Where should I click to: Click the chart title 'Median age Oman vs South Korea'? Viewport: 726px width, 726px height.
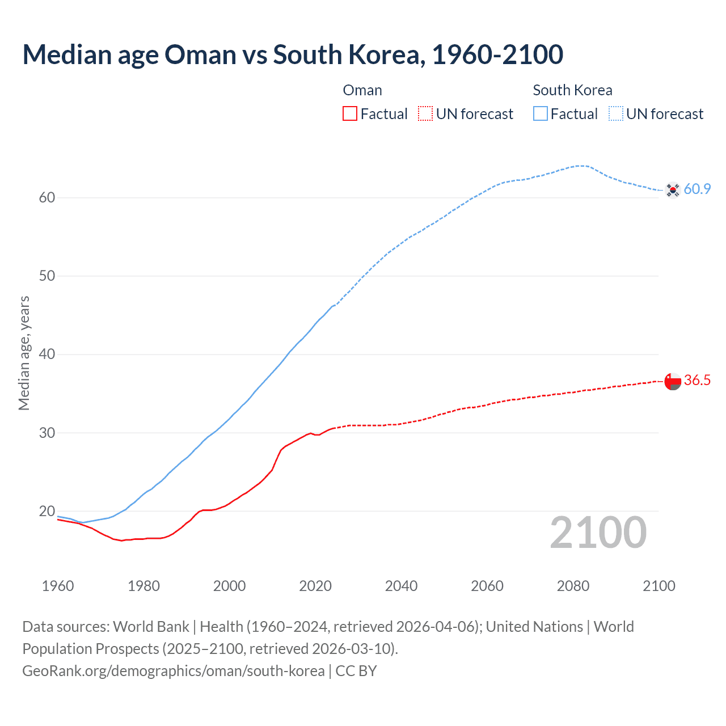coord(293,55)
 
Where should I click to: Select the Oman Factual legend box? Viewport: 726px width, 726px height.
coord(350,114)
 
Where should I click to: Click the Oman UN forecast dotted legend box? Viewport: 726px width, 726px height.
coord(425,114)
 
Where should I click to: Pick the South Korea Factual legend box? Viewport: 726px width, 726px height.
coord(541,114)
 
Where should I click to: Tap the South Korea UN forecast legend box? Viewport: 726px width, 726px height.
coord(616,114)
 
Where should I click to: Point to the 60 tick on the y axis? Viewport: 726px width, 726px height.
coord(47,198)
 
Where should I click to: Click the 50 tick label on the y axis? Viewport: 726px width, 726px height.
coord(47,276)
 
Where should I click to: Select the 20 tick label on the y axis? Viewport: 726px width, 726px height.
coord(47,512)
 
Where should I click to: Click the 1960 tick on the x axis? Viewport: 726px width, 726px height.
coord(58,586)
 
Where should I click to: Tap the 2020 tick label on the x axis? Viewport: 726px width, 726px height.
coord(315,586)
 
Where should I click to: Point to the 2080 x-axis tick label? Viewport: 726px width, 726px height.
coord(573,586)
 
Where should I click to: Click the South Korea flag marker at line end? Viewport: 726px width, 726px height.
coord(673,190)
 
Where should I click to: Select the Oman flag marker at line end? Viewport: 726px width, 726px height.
coord(673,381)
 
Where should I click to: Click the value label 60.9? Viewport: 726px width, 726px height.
coord(697,189)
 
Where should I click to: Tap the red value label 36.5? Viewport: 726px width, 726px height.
coord(697,381)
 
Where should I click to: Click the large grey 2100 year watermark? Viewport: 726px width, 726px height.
coord(598,533)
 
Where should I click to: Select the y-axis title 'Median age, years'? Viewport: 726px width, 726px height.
coord(24,353)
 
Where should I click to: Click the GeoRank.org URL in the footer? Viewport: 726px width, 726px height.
coord(174,671)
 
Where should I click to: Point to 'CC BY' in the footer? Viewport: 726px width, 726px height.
coord(356,671)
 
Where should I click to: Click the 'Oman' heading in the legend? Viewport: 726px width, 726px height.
coord(362,90)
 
